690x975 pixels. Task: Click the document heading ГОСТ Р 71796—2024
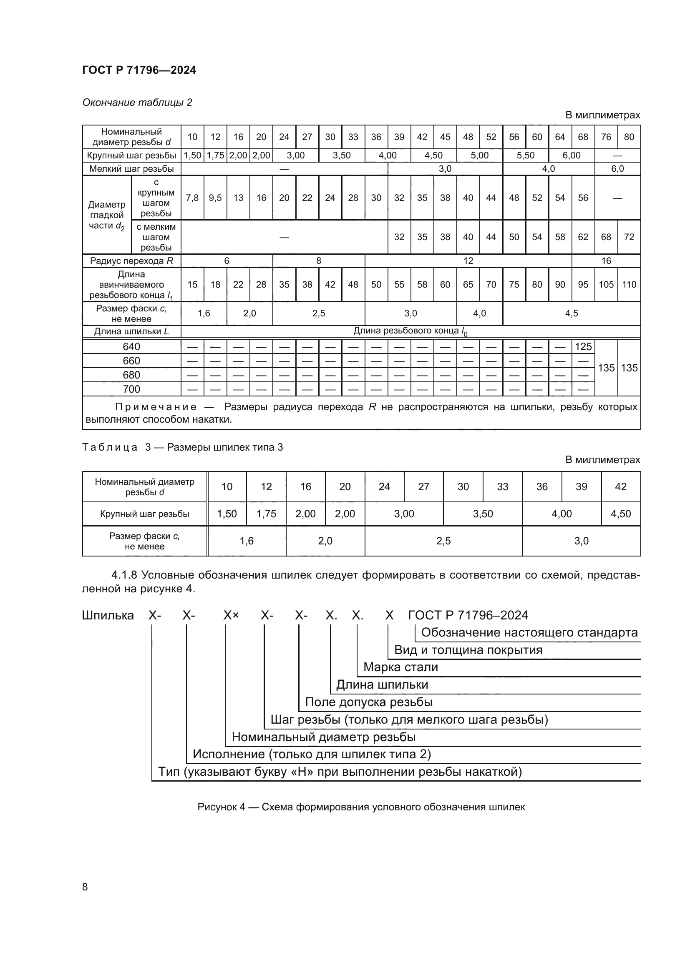(x=139, y=70)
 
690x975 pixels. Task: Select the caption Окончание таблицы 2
(x=137, y=103)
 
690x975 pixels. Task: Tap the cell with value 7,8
(x=192, y=198)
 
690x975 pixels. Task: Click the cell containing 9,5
(x=215, y=198)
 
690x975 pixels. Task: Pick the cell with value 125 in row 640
(x=583, y=346)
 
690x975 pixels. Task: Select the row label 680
(x=131, y=375)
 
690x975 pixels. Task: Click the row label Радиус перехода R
(x=131, y=261)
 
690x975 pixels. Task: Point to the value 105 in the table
(x=606, y=285)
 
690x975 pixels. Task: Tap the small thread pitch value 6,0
(x=617, y=168)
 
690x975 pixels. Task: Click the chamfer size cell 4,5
(x=571, y=313)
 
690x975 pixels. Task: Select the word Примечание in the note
(x=156, y=407)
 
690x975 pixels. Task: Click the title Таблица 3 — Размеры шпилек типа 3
(x=182, y=447)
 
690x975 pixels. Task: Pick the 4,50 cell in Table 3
(x=620, y=514)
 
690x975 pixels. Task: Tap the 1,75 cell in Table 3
(x=266, y=514)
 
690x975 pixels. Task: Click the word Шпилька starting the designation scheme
(x=108, y=615)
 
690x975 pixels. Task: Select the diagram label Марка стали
(x=400, y=667)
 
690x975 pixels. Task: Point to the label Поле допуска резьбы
(x=368, y=702)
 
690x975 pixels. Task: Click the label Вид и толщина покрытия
(x=468, y=650)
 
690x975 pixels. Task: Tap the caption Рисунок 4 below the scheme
(x=361, y=807)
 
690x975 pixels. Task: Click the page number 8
(x=85, y=887)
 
